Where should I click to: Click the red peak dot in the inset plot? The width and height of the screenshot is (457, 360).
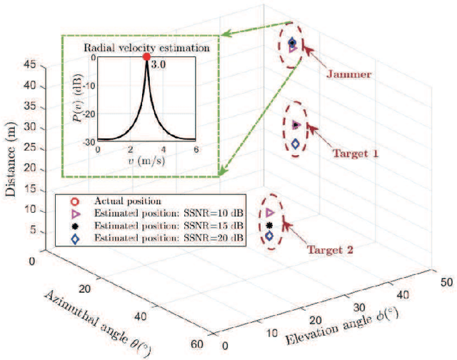(x=146, y=57)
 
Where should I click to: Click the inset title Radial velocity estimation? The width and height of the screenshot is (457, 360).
(x=146, y=48)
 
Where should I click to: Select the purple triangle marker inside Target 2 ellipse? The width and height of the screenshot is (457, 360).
(x=269, y=212)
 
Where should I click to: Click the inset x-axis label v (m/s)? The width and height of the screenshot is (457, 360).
(x=146, y=161)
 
